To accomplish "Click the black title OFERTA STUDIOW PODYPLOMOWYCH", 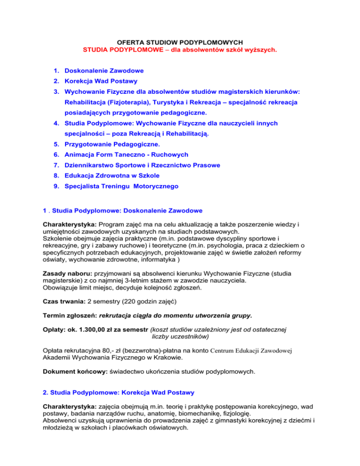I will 180,41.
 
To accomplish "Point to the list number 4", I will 55,123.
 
